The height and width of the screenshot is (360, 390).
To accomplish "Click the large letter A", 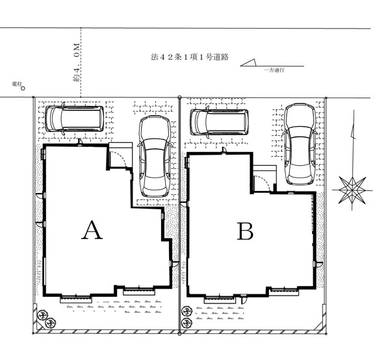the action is [x=92, y=230].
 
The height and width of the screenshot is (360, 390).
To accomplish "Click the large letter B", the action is [x=245, y=231].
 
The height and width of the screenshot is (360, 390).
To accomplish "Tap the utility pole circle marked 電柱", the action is [x=23, y=88].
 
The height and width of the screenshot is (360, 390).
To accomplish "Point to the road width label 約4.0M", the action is [x=77, y=62].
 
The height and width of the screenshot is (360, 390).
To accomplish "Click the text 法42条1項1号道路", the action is [x=190, y=57].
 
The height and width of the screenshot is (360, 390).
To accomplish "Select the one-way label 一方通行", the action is [x=274, y=70].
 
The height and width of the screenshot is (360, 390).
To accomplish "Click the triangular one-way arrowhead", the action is [x=248, y=62].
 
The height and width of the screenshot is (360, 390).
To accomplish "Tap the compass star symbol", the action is [x=352, y=190].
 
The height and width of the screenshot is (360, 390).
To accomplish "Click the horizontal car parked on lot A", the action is [x=74, y=119].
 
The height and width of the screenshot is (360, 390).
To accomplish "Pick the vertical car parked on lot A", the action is [x=155, y=157].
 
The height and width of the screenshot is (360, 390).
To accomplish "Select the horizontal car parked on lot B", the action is [x=220, y=122].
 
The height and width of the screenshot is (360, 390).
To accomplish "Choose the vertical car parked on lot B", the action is [x=300, y=144].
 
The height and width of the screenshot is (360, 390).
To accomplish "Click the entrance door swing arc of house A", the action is [x=120, y=158].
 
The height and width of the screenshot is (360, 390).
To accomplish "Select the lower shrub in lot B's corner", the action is [x=187, y=323].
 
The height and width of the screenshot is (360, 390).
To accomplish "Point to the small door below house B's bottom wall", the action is [x=244, y=299].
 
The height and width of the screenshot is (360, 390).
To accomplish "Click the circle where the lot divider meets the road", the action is [x=179, y=97].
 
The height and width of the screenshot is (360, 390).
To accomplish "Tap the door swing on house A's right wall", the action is [x=175, y=264].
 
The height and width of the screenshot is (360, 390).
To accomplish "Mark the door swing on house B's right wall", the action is [x=318, y=264].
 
